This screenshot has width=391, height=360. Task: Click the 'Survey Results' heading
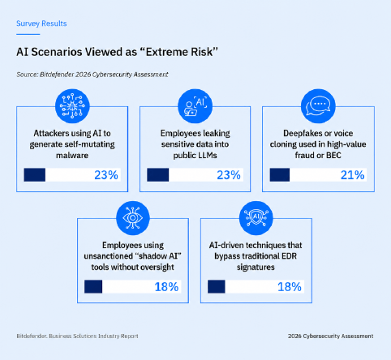(x=41, y=24)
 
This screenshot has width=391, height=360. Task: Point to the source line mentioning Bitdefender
(x=92, y=75)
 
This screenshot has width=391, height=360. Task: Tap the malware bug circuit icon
(x=72, y=106)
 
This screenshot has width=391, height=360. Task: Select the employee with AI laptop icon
(x=195, y=106)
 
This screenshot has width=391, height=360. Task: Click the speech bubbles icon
(x=318, y=106)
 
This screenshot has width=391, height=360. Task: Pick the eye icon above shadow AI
(x=133, y=218)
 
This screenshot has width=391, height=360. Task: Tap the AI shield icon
(x=256, y=218)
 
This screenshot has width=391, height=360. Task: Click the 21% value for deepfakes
(x=352, y=175)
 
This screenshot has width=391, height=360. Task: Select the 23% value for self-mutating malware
(x=106, y=175)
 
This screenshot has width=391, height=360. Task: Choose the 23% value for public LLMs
(x=229, y=175)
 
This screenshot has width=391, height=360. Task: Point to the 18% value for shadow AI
(x=166, y=287)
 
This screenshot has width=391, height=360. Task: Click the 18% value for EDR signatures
(x=290, y=287)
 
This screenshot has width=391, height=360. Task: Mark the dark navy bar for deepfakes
(x=280, y=174)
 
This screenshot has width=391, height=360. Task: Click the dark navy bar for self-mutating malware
(x=35, y=174)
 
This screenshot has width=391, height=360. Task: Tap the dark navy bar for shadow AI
(x=93, y=286)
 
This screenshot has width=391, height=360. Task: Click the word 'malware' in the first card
(x=72, y=156)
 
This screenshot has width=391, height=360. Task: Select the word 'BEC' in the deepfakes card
(x=333, y=156)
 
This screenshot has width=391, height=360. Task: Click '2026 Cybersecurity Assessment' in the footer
(x=331, y=336)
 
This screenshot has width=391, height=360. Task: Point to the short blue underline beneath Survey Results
(x=28, y=34)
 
